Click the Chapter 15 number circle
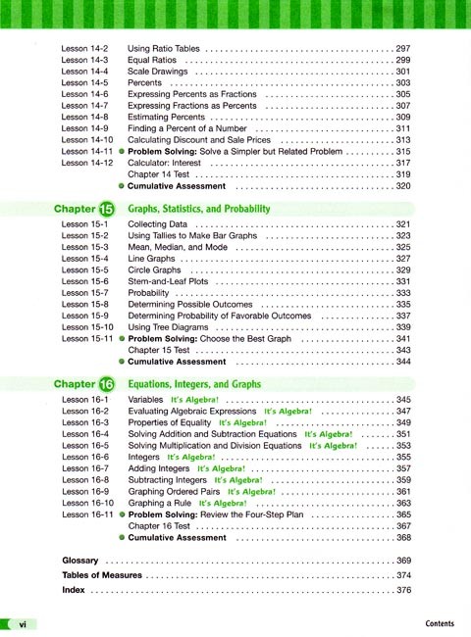[107, 209]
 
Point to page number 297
[402, 47]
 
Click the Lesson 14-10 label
[85, 141]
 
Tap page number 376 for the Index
[402, 591]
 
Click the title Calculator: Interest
[176, 164]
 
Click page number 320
[402, 186]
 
